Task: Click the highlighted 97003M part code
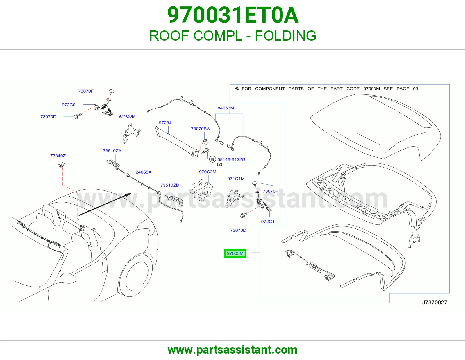[x=235, y=253]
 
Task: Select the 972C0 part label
[x=69, y=105]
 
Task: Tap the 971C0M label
[x=127, y=116]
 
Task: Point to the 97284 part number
[x=165, y=123]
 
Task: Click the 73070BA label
[x=200, y=129]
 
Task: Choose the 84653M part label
[x=226, y=108]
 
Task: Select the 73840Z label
[x=58, y=156]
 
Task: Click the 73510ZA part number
[x=112, y=151]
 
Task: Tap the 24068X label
[x=143, y=172]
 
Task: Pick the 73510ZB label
[x=169, y=185]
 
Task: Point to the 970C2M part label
[x=208, y=172]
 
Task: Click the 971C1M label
[x=236, y=179]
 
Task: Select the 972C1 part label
[x=267, y=222]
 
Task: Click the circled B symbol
[x=212, y=159]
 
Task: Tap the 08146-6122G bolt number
[x=231, y=159]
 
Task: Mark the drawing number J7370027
[x=434, y=302]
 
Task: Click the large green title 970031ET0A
[x=233, y=15]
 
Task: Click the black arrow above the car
[x=105, y=204]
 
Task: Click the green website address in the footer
[x=233, y=350]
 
